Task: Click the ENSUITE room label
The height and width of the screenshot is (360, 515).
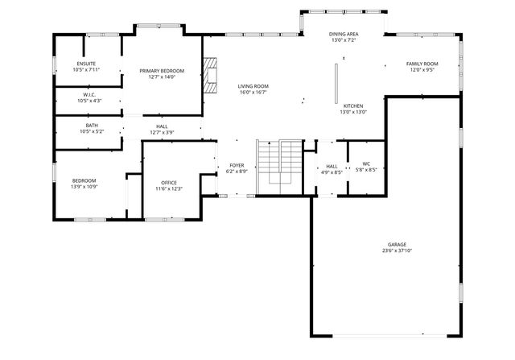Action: (x=85, y=64)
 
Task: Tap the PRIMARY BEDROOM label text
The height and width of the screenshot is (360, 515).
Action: (x=162, y=71)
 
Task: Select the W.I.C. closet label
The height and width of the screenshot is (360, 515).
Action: (x=89, y=94)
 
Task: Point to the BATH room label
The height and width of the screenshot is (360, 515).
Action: (x=92, y=125)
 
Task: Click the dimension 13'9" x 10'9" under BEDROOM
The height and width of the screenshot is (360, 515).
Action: (x=84, y=187)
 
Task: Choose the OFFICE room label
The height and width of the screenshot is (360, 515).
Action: (x=169, y=182)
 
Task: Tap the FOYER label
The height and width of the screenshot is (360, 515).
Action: (x=237, y=164)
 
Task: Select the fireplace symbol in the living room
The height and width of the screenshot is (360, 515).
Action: (x=211, y=76)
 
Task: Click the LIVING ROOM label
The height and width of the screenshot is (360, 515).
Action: (x=253, y=86)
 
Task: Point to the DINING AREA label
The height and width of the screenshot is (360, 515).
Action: (x=344, y=34)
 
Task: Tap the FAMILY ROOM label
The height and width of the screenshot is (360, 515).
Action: (x=422, y=64)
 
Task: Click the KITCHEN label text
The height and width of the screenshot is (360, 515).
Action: (x=353, y=106)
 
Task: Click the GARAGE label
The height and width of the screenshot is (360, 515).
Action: (x=397, y=244)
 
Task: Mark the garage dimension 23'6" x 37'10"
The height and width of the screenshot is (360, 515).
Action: (x=397, y=250)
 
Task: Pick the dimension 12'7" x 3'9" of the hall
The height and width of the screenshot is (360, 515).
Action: (x=162, y=132)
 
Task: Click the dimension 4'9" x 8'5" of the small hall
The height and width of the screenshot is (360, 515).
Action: (x=332, y=171)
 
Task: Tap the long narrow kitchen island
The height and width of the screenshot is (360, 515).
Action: (x=337, y=83)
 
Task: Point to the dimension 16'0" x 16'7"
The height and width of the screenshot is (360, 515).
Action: (x=253, y=93)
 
